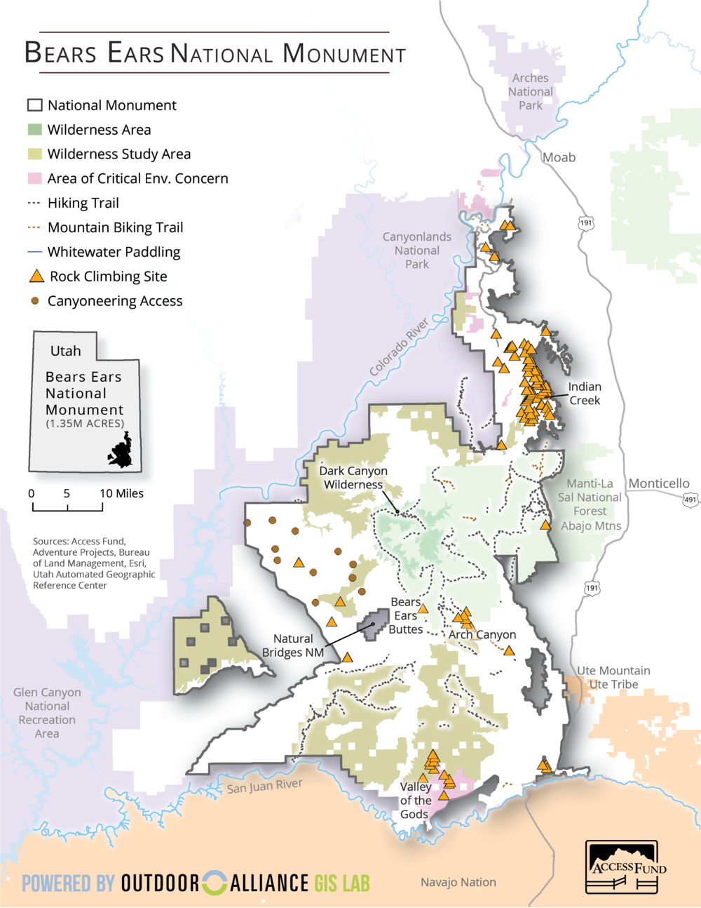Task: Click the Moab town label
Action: coord(559,157)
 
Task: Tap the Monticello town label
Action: coord(658,483)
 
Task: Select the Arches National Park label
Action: coord(531,92)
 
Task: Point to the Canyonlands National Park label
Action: coord(417,251)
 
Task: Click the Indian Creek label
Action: coord(585,394)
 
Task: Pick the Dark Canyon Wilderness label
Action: coord(353,478)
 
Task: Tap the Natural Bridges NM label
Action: coord(293,646)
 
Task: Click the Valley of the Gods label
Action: coord(415,801)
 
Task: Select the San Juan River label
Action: coord(264,787)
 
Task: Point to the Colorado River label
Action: coord(399,347)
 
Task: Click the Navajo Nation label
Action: coord(458,882)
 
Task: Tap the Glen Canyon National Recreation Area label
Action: coord(47,713)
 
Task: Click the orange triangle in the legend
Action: coord(36,276)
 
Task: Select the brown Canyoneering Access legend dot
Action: coord(35,301)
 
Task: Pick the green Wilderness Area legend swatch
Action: coord(35,130)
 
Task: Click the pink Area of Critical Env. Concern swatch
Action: coord(35,178)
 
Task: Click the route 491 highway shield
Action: coord(690,500)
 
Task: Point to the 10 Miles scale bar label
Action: coord(121,493)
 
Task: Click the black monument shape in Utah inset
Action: coord(121,452)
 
